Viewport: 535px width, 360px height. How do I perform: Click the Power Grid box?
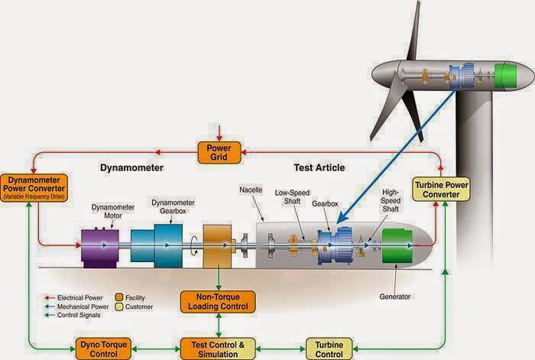219,152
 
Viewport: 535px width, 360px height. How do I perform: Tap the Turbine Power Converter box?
436,188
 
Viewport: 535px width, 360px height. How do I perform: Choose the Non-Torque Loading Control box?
218,302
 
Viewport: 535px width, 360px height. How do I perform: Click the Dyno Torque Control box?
103,348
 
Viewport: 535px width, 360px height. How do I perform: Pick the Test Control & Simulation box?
219,348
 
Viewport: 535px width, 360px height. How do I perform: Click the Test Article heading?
319,167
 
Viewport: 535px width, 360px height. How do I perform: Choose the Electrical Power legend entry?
77,296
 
